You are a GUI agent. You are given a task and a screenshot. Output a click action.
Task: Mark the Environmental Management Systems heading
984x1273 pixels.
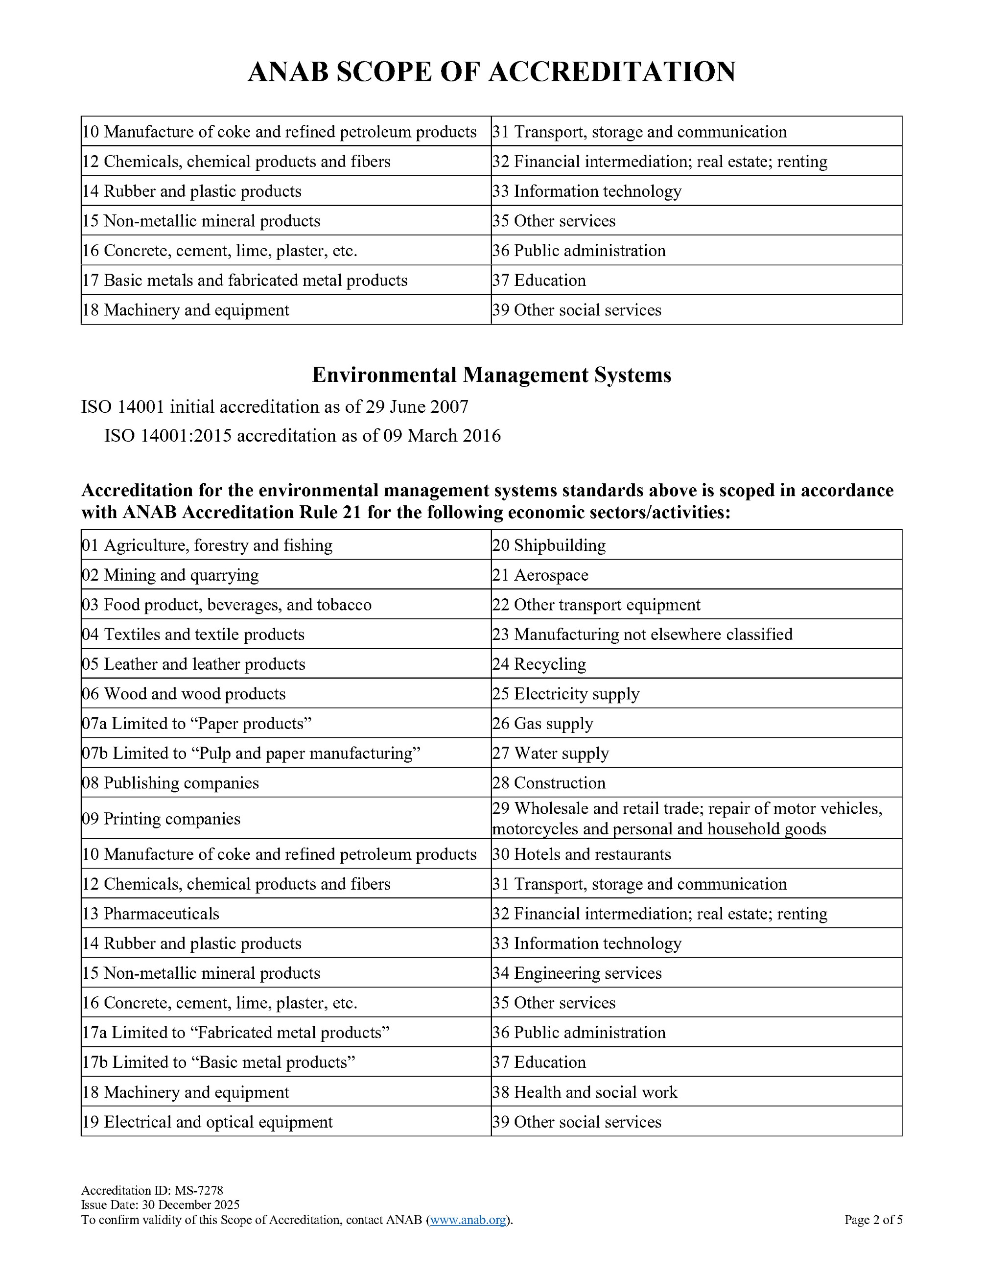[x=492, y=375]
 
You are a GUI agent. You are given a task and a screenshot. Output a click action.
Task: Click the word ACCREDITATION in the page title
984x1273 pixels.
[x=611, y=71]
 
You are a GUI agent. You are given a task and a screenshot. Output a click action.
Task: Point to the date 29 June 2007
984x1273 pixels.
[x=417, y=406]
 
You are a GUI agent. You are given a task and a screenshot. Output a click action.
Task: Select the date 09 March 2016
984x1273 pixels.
[x=442, y=436]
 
